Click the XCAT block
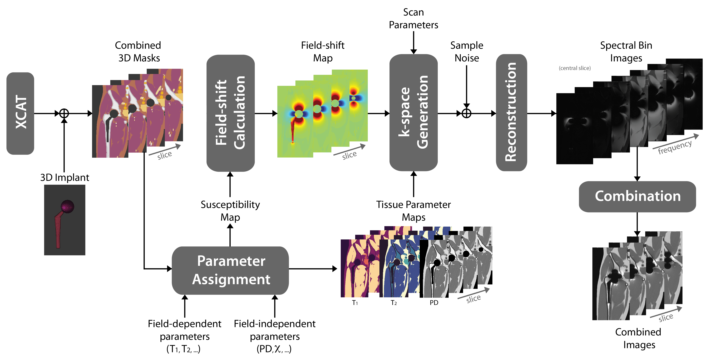[x=20, y=113]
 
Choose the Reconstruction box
[x=511, y=113]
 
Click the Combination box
[x=637, y=196]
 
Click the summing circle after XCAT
[x=64, y=113]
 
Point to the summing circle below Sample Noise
[x=467, y=113]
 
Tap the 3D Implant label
[x=65, y=177]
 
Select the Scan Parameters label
[x=413, y=18]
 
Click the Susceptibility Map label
[x=230, y=211]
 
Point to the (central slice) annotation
[x=575, y=68]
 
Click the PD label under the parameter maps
[x=434, y=303]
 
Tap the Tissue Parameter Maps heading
[x=413, y=211]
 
